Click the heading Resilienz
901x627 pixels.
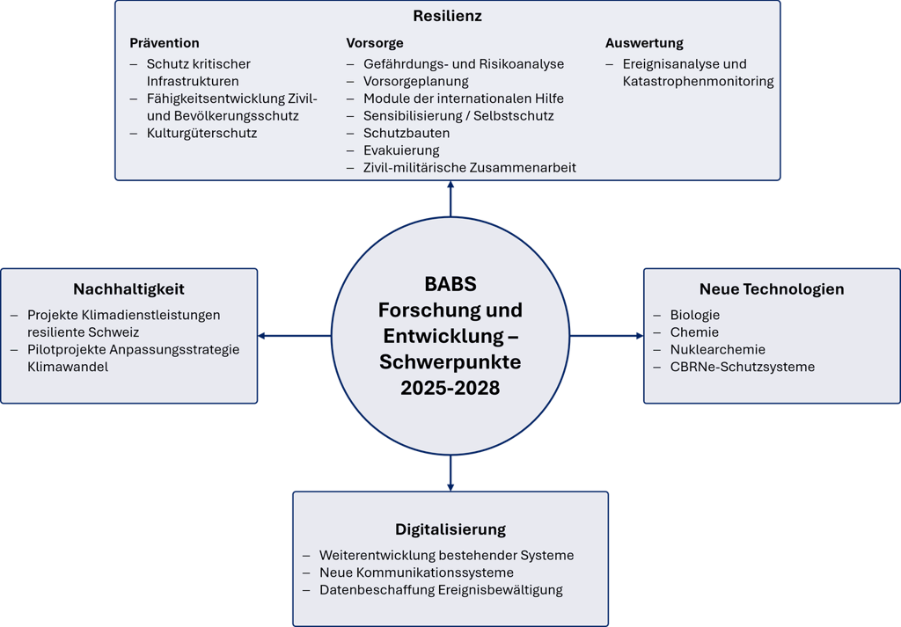[x=447, y=17]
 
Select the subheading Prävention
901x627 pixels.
[x=165, y=43]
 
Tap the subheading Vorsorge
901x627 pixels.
[x=375, y=43]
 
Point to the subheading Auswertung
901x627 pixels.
[x=644, y=43]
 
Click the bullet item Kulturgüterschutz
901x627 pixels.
[x=201, y=134]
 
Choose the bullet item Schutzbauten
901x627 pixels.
[x=407, y=134]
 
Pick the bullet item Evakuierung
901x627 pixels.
[x=401, y=150]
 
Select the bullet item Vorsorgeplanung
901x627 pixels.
[x=416, y=82]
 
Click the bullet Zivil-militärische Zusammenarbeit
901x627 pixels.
[x=470, y=168]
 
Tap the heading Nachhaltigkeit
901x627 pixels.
[x=128, y=289]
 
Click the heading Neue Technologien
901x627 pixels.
[x=772, y=289]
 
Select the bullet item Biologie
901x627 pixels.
[x=695, y=315]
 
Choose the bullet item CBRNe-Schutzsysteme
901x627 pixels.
[x=742, y=367]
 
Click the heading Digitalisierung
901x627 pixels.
[x=450, y=529]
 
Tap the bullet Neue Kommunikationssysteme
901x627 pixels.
[x=416, y=572]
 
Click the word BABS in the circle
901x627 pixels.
[x=450, y=285]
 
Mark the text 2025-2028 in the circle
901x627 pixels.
[x=450, y=388]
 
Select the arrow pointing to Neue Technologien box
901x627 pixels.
[x=607, y=336]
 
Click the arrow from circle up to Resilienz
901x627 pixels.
[x=450, y=199]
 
